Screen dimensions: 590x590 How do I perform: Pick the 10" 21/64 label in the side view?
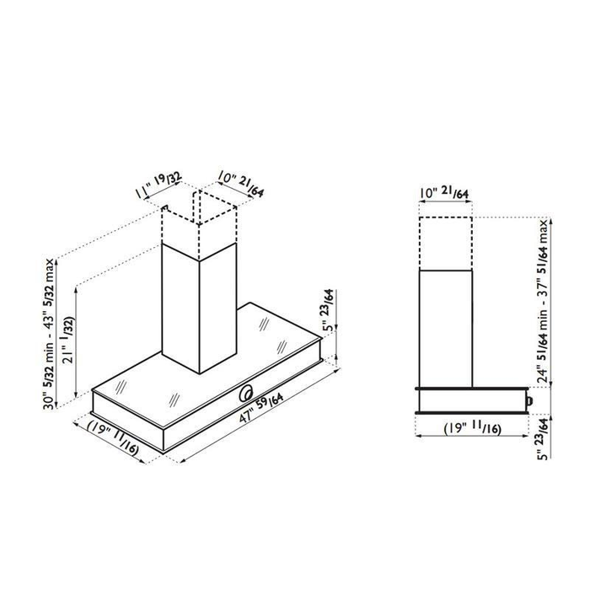pos(448,195)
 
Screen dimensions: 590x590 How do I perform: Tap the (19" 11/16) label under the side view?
pos(473,429)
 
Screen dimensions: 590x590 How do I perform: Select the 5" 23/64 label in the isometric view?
pos(329,309)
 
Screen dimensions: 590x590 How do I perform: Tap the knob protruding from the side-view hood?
pos(528,400)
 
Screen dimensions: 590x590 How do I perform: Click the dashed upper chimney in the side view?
pos(447,243)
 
